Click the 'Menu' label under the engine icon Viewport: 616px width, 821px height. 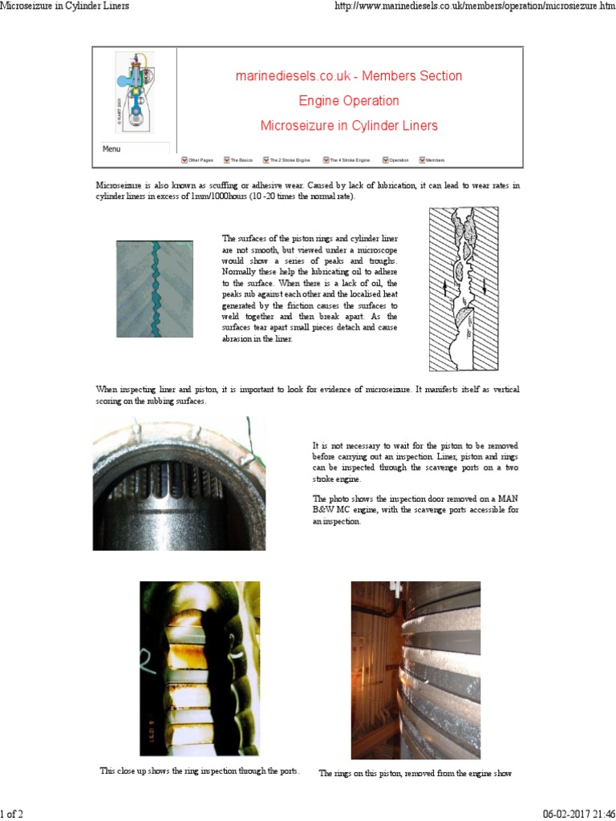tap(111, 149)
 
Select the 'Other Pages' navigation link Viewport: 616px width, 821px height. tap(200, 160)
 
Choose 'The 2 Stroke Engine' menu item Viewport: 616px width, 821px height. tap(289, 160)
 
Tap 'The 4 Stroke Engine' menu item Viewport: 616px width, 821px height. tap(349, 160)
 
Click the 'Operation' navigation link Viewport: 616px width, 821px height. tap(398, 160)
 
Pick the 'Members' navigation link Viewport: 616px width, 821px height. tap(434, 160)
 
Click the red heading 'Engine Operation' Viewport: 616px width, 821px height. tap(348, 101)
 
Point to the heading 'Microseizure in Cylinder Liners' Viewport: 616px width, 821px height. tap(348, 126)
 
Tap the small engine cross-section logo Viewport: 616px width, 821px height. tap(135, 92)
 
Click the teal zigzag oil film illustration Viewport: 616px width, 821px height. tap(155, 289)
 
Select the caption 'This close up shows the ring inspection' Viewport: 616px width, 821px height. tap(200, 770)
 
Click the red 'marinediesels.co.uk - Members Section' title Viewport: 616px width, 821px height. tap(348, 76)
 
